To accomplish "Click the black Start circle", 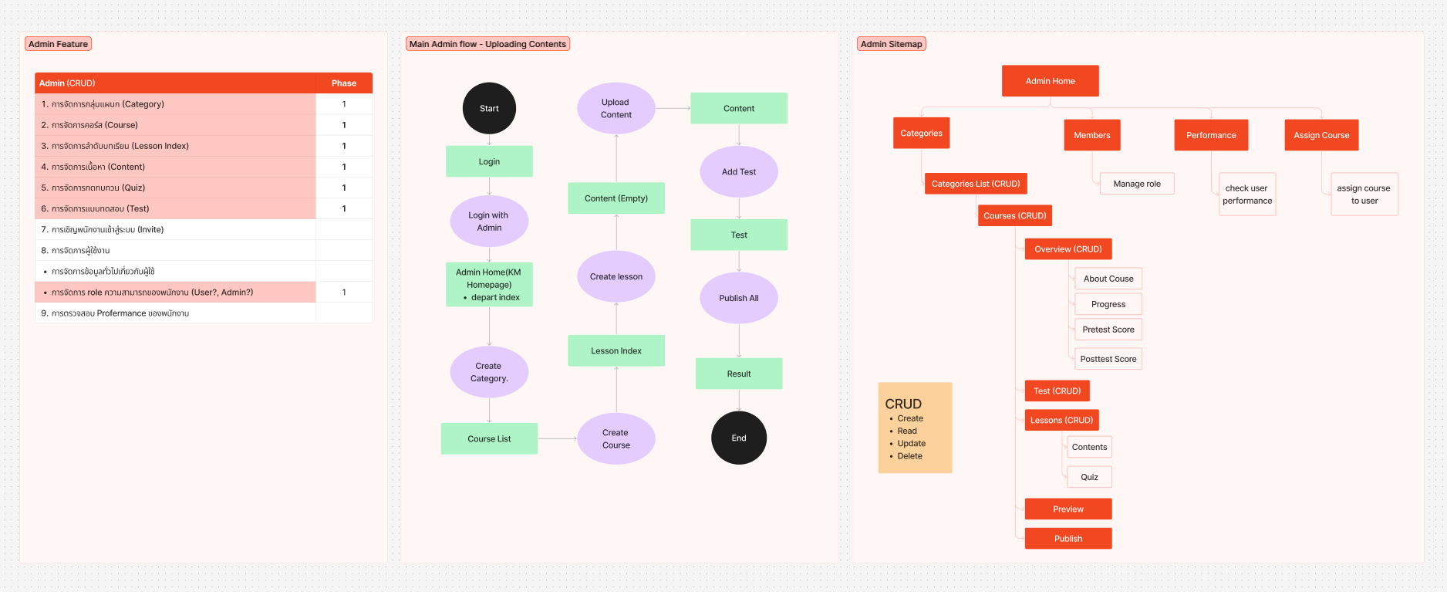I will [x=489, y=108].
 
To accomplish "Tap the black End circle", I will [x=738, y=438].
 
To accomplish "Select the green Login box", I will [x=489, y=161].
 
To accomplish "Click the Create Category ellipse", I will [x=489, y=372].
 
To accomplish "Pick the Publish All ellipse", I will [x=738, y=298].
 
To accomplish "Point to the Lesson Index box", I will [x=616, y=350].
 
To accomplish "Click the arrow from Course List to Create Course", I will [x=557, y=438].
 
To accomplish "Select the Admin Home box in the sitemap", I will [x=1050, y=81].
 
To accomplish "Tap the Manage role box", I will [x=1136, y=184].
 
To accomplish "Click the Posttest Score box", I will [x=1108, y=359].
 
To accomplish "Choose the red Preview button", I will [x=1068, y=509].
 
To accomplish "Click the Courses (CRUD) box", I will [x=1014, y=215].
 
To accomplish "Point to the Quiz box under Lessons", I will [x=1089, y=477].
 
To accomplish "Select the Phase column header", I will [x=343, y=83].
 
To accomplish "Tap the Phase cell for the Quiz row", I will [x=343, y=188].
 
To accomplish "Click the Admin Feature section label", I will [x=58, y=44].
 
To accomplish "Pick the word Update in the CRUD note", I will [x=911, y=444].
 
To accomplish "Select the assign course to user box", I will [x=1364, y=195].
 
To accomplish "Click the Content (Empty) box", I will [x=616, y=198].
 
